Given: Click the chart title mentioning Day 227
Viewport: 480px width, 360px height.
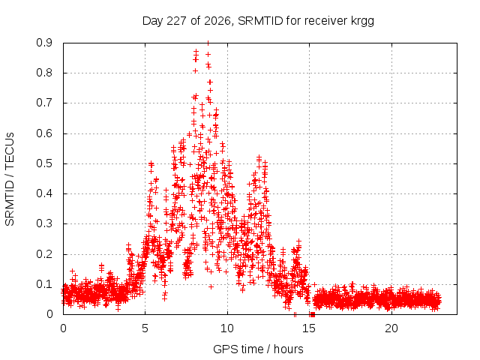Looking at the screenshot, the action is click(258, 21).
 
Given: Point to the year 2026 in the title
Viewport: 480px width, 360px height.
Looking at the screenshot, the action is click(217, 21).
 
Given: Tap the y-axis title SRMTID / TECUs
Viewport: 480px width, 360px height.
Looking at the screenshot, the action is click(10, 179).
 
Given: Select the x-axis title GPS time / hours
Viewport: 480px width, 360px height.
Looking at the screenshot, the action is click(258, 349).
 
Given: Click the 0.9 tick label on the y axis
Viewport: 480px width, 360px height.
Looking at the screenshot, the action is click(44, 43).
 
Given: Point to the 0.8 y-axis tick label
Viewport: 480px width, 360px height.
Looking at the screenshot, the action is click(44, 73).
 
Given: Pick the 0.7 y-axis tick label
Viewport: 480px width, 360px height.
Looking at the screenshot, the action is click(44, 103).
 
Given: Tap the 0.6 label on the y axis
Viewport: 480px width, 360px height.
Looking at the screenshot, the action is click(44, 133).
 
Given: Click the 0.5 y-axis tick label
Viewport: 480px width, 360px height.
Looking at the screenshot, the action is click(44, 163).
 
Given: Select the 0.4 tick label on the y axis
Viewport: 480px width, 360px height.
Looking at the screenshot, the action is click(44, 193).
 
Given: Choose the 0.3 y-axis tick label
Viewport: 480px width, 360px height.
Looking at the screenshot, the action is click(44, 223).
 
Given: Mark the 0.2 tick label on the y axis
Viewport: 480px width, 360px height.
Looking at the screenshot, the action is click(44, 254).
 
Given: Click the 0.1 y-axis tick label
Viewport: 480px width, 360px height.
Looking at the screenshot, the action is click(44, 284).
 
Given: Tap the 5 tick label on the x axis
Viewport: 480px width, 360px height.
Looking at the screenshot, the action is click(145, 328).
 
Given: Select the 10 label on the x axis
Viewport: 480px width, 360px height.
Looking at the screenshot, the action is click(227, 328).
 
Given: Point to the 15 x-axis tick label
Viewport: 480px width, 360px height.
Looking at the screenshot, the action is click(309, 328).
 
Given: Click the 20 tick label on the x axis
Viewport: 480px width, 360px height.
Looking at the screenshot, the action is click(391, 328).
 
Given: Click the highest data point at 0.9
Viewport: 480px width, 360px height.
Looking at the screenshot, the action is click(208, 43).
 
